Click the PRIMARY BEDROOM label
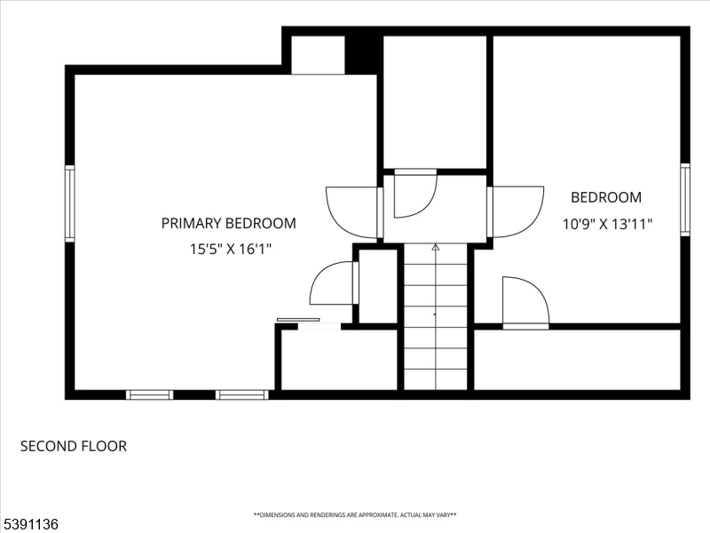tap(229, 223)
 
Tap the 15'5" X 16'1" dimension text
tap(231, 249)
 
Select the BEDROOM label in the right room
tap(606, 197)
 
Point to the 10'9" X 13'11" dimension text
tap(607, 224)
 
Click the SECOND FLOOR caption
tap(74, 446)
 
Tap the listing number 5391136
tap(29, 524)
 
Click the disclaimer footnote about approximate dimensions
tap(355, 515)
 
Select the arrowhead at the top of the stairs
tap(436, 247)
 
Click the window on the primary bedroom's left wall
tap(70, 203)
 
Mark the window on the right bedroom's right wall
tap(685, 199)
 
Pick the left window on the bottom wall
tap(149, 394)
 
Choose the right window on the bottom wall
tap(241, 394)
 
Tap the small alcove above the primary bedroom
tap(318, 55)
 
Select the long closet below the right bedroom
tap(577, 360)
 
